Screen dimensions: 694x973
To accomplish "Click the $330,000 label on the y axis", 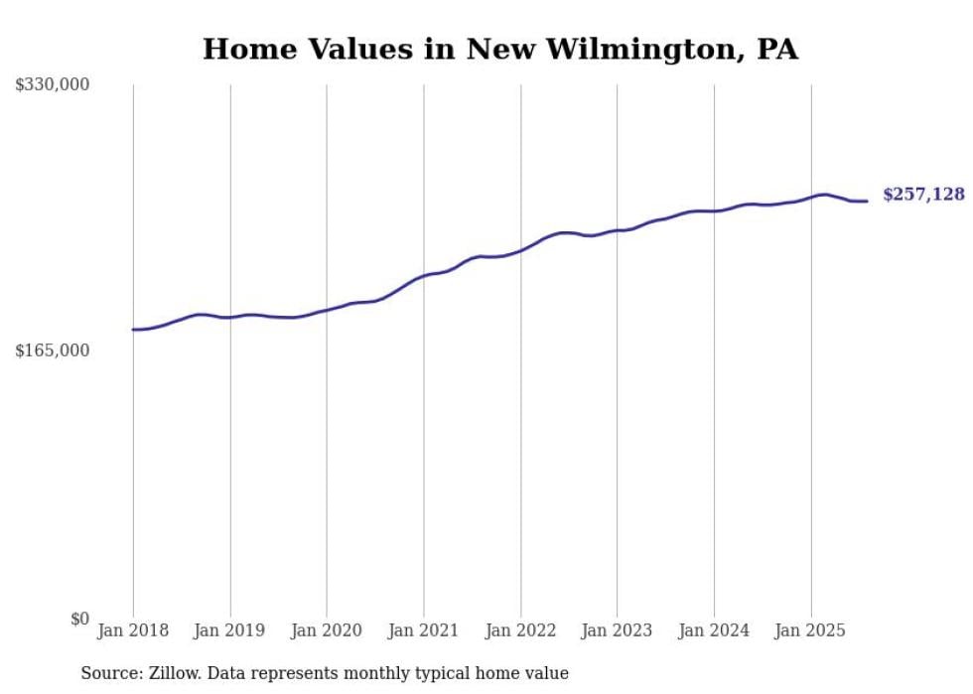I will click(53, 85).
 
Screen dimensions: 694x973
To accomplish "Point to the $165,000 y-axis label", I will click(53, 350).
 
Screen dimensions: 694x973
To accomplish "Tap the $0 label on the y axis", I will click(79, 619).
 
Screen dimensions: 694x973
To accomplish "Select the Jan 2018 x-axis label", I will click(133, 630).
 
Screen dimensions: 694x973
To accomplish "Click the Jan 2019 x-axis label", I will click(230, 630).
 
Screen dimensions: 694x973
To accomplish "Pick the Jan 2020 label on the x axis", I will click(327, 630).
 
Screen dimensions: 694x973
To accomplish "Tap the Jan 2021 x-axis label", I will click(424, 630).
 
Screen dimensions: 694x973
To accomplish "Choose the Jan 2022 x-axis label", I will click(520, 630).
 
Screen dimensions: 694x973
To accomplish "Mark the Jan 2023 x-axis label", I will click(617, 630).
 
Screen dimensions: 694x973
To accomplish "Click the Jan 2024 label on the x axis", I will click(714, 630).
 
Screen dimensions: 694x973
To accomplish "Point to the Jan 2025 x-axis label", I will click(811, 630).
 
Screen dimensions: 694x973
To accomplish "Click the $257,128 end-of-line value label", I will click(923, 195).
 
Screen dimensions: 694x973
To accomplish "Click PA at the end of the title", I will click(776, 50).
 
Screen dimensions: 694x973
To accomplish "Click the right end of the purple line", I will click(868, 202).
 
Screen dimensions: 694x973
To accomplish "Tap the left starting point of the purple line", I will click(133, 330).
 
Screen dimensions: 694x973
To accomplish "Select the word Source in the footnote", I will click(107, 673).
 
